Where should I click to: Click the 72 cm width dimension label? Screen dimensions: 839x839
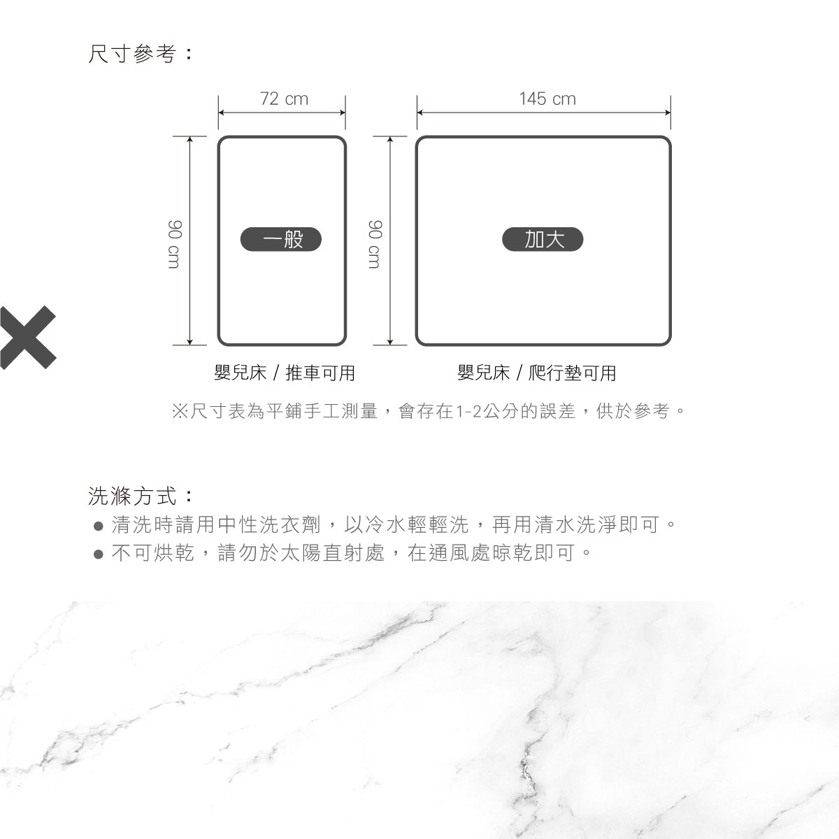pos(284,99)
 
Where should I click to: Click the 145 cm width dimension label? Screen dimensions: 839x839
pos(547,99)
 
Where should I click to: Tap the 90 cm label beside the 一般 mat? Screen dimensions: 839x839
pos(173,244)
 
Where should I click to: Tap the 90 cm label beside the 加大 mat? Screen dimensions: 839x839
pos(375,244)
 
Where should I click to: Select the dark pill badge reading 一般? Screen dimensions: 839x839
pos(281,239)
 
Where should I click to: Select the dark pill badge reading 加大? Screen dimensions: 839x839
pos(543,239)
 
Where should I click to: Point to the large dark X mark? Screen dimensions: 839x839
pos(27,338)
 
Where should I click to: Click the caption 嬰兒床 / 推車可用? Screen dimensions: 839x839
pos(285,373)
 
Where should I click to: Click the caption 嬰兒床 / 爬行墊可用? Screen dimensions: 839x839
pos(537,373)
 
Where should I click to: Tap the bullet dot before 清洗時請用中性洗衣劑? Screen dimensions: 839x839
pos(99,526)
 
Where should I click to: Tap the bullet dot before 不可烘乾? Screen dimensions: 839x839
pos(99,554)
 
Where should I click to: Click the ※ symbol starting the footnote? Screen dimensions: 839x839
pos(180,411)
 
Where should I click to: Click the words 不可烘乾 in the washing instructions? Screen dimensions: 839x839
pos(153,553)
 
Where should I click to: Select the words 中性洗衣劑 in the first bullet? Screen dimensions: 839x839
pos(269,524)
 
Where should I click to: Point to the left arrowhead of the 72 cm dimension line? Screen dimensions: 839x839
pos(221,113)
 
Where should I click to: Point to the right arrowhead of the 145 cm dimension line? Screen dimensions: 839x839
pos(668,113)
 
